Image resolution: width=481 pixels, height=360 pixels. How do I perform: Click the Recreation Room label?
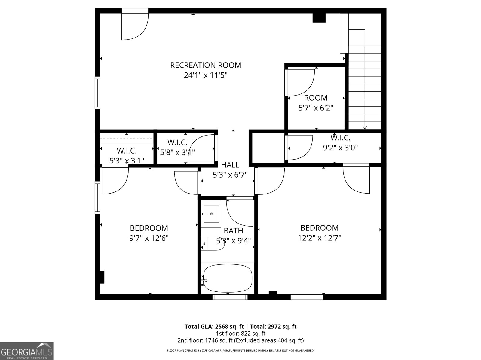click(206, 65)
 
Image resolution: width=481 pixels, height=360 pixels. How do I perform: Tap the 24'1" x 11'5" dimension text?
click(206, 75)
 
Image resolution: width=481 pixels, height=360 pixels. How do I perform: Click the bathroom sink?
click(211, 214)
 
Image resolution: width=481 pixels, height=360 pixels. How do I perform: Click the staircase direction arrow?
click(365, 127)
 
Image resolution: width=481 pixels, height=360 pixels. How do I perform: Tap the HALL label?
click(230, 165)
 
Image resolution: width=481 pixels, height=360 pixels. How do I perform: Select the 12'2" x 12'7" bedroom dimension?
click(319, 238)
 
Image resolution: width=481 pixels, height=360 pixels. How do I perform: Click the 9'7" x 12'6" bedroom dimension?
click(149, 238)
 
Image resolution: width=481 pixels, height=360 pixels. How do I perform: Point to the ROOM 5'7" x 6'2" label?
click(316, 102)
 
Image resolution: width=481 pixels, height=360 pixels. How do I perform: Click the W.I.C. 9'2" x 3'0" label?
click(340, 142)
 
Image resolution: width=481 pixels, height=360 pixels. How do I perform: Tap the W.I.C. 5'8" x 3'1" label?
click(177, 147)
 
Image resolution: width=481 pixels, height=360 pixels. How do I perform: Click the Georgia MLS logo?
click(26, 351)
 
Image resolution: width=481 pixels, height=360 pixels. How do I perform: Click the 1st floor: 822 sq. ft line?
click(240, 333)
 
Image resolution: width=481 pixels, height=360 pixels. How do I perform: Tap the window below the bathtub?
click(230, 297)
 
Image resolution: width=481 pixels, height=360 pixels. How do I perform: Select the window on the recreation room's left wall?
click(97, 93)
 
